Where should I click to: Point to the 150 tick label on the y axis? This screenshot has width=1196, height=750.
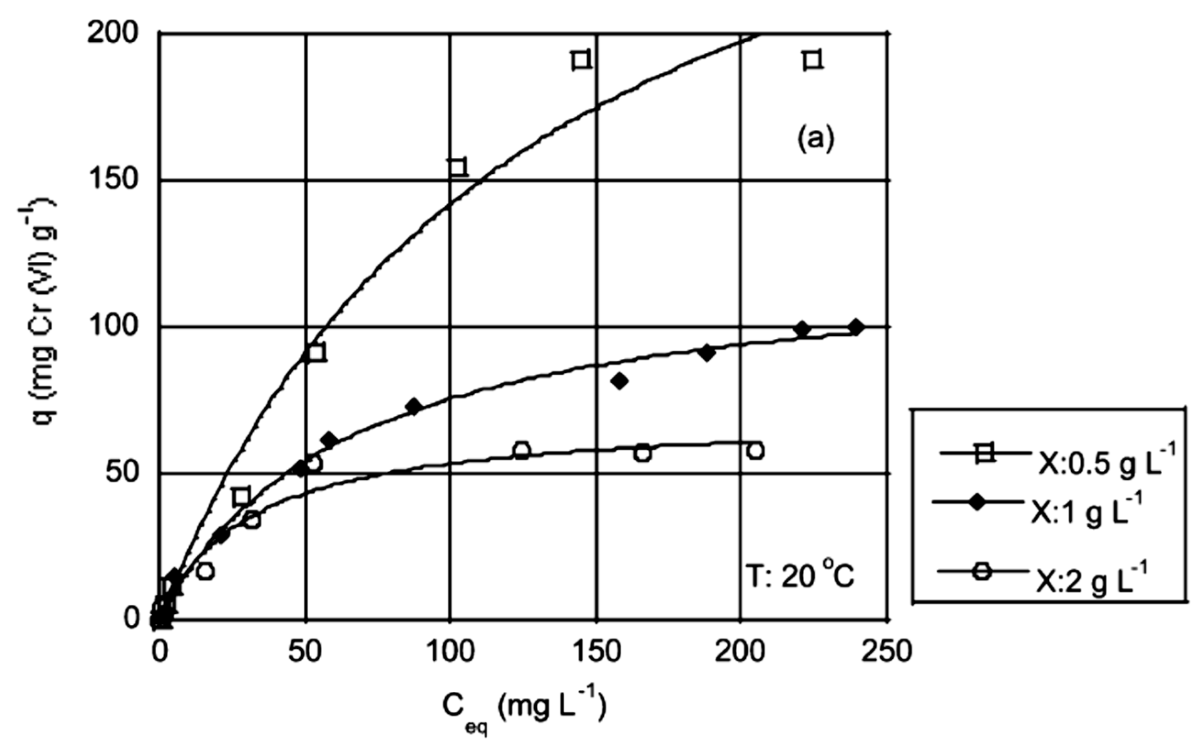pos(113,180)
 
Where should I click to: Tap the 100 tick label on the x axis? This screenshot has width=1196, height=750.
pos(450,651)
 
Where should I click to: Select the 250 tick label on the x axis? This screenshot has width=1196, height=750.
pos(886,651)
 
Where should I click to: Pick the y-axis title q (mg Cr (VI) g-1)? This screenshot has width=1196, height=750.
pos(37,325)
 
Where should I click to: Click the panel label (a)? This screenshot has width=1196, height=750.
pos(816,139)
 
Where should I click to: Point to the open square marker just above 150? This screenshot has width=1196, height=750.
pos(457,168)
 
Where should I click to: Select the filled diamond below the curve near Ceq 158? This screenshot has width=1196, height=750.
pos(619,381)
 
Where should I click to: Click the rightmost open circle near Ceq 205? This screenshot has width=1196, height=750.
pos(755,450)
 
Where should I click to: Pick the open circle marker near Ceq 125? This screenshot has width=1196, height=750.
pos(522,450)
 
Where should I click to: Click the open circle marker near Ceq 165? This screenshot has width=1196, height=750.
pos(643,453)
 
